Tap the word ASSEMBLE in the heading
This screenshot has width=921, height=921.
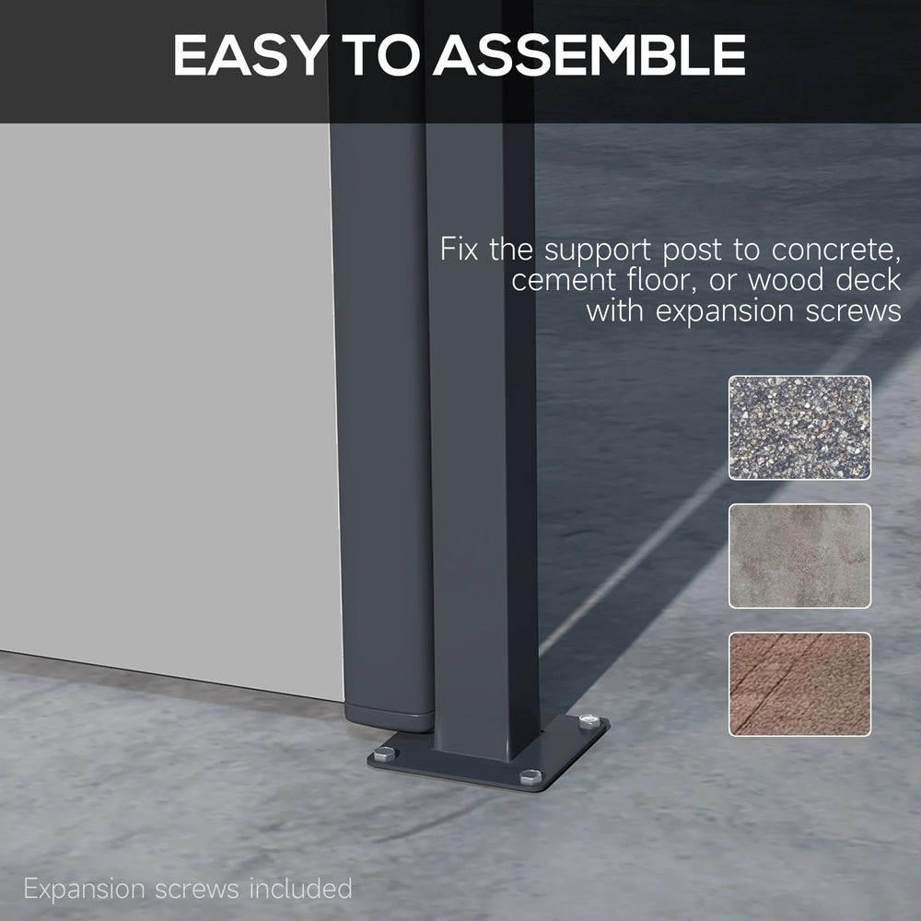click(589, 54)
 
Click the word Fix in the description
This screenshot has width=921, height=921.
click(459, 249)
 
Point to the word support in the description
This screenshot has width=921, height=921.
click(598, 251)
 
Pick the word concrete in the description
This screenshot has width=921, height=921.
click(836, 251)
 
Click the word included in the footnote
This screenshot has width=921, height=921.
click(300, 888)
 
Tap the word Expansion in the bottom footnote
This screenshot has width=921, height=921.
click(84, 890)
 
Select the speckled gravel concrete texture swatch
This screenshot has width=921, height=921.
click(799, 427)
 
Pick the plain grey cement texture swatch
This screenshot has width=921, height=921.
click(799, 555)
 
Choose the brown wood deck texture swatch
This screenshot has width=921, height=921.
click(799, 683)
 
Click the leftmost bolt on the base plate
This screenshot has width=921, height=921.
click(384, 753)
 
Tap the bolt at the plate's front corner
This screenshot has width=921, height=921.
click(531, 777)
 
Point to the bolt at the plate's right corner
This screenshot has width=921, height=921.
click(589, 721)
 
